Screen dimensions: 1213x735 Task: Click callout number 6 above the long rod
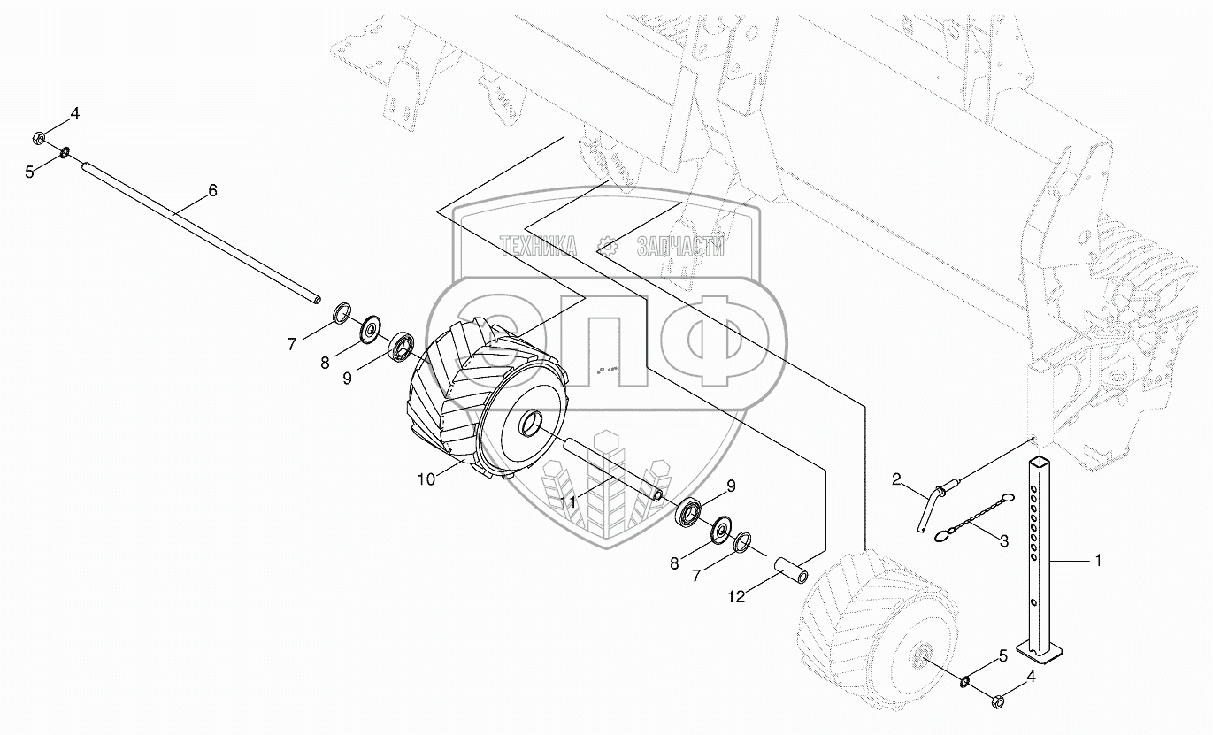212,190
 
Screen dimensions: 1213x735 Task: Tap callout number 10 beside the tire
426,479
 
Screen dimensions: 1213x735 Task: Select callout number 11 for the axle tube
568,502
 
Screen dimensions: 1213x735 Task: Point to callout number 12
736,597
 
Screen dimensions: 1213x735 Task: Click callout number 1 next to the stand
1098,561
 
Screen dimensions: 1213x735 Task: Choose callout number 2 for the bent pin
897,479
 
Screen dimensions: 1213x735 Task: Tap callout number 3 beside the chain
1004,540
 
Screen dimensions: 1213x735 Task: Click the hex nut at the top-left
40,138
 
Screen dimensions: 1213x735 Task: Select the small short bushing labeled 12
791,570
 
